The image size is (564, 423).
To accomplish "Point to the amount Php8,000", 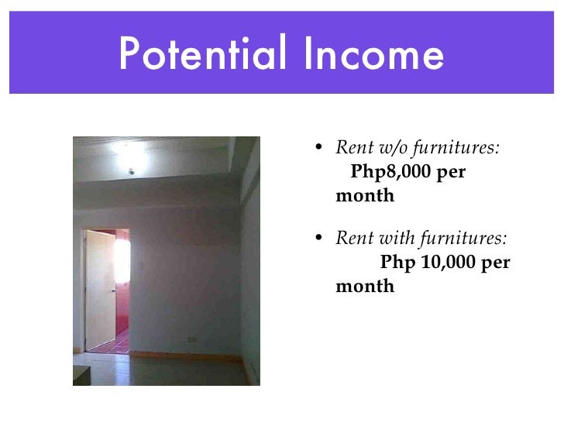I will point(391,171).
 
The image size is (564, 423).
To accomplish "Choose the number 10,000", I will point(449,263).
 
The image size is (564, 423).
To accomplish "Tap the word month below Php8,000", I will point(365,196).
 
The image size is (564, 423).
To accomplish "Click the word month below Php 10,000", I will point(365,287).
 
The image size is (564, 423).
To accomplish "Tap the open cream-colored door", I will point(99,291).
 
